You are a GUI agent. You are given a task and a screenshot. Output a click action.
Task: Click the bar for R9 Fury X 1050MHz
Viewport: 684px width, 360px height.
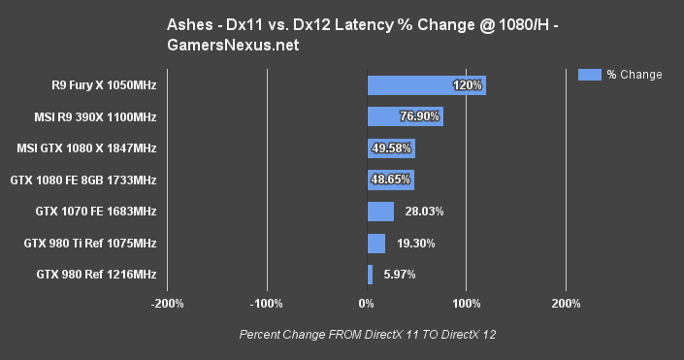pyautogui.click(x=426, y=85)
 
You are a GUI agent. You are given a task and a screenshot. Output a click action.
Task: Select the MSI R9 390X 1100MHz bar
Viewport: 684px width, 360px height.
pyautogui.click(x=405, y=117)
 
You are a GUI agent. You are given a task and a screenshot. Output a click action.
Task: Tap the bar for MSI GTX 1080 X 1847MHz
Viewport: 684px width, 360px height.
pyautogui.click(x=391, y=148)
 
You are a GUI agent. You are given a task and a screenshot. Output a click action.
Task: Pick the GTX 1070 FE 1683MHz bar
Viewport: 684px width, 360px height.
pyautogui.click(x=380, y=212)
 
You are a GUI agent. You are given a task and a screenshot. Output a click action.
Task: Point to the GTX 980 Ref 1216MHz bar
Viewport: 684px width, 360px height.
pyautogui.click(x=370, y=275)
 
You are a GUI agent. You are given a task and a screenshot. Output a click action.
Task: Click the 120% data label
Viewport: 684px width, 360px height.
pyautogui.click(x=468, y=85)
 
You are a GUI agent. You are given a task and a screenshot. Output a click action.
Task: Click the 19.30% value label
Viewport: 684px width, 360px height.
pyautogui.click(x=412, y=244)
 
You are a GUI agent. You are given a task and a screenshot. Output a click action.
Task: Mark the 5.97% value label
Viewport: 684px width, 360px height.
pyautogui.click(x=397, y=275)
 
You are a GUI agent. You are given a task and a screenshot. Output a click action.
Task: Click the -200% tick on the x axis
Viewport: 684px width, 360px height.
pyautogui.click(x=167, y=304)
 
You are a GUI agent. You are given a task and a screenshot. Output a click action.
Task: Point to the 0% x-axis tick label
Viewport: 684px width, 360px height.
pyautogui.click(x=367, y=304)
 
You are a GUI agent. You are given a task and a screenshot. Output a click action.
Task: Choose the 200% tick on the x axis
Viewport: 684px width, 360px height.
pyautogui.click(x=566, y=304)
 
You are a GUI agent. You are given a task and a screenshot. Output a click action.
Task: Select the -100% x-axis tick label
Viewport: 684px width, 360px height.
pyautogui.click(x=266, y=304)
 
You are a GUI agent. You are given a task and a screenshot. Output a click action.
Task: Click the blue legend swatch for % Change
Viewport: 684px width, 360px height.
pyautogui.click(x=588, y=74)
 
